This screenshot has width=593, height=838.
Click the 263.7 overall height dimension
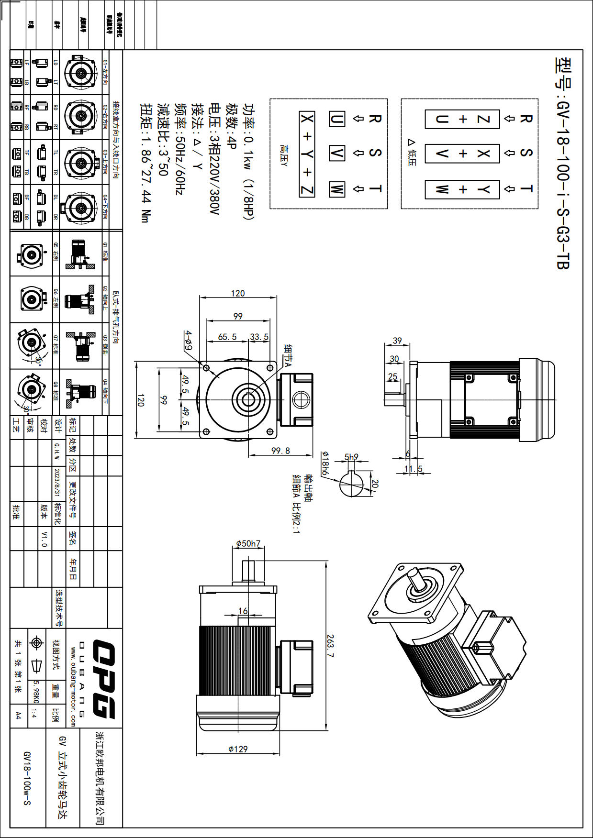coord(330,645)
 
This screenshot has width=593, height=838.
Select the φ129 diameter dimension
coord(238,749)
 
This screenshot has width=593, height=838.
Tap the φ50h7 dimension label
coord(248,544)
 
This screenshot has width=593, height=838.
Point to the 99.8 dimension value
coord(280,451)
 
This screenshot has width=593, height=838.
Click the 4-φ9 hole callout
coord(189,340)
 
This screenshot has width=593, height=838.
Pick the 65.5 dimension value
coord(227,337)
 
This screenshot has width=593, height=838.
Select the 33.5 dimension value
coord(259,337)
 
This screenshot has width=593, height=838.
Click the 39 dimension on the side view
coord(397,341)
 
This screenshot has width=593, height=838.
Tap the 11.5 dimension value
coord(413,469)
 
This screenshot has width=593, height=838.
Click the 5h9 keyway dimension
coord(351,457)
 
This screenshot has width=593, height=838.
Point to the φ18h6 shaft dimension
coord(325,463)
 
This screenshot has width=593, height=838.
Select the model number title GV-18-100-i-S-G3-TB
coord(563,163)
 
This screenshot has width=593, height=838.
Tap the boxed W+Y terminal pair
coord(462,189)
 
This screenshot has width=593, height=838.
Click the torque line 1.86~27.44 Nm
coord(145,163)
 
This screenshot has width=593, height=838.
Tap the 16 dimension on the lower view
coord(243,611)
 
